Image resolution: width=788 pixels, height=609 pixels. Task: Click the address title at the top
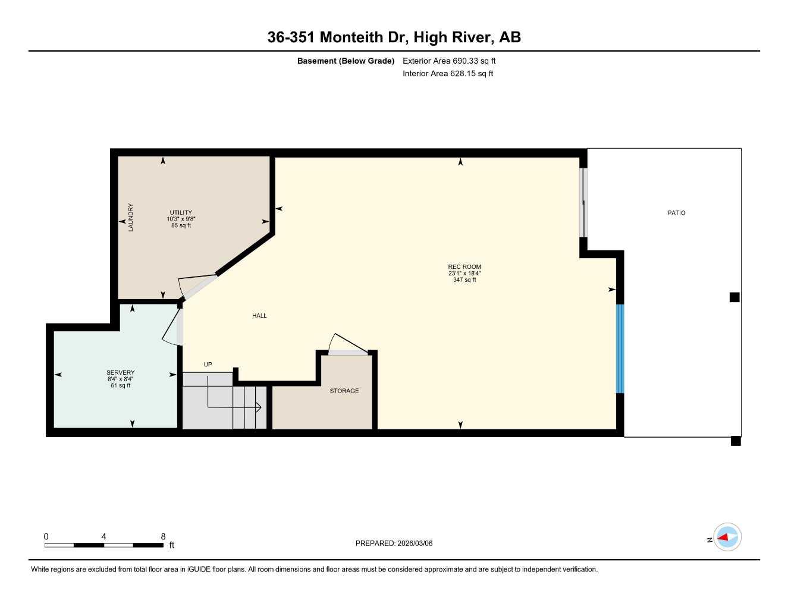pos(394,37)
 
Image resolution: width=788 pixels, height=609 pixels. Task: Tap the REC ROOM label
pos(464,267)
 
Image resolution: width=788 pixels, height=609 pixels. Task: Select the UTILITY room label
pos(181,212)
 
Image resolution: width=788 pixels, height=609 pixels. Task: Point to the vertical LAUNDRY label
pos(131,217)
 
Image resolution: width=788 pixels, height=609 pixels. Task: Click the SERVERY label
pos(121,372)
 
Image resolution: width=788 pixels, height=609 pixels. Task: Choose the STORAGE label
pos(344,391)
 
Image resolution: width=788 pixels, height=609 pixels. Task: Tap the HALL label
pos(259,316)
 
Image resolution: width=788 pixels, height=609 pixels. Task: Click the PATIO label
pos(676,213)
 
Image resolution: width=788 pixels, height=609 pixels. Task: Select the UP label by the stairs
pos(208,365)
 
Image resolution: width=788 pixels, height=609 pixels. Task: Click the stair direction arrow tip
pos(260,407)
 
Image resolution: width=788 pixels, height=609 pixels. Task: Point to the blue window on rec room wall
pos(620,349)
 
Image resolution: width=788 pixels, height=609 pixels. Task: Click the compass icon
pos(727,538)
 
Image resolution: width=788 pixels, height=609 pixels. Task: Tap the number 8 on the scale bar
pos(163,536)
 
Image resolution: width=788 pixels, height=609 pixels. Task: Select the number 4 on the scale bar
pos(103,536)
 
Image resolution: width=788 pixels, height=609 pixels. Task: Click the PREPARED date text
pos(394,544)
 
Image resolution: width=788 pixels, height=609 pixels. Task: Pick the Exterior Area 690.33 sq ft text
pos(449,61)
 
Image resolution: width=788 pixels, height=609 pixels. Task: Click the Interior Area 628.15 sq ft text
pos(448,74)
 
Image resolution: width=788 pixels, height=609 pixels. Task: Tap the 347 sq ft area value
pos(464,280)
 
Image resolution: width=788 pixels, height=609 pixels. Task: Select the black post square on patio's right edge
pos(734,297)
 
